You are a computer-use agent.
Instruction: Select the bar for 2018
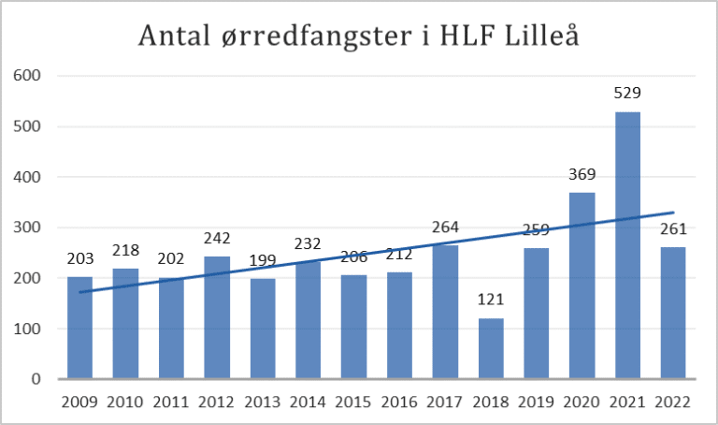pos(491,348)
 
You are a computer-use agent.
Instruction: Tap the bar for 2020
pos(582,286)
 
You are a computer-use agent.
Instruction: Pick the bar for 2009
pos(80,328)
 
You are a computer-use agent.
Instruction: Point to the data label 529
pos(628,94)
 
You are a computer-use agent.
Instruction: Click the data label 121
pos(491,301)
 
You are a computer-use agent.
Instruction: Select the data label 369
pos(582,175)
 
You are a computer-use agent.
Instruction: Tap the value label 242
pos(217,239)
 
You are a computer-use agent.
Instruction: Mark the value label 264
pos(445,227)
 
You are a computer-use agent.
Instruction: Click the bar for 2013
pos(263,329)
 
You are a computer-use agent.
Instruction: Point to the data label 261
pos(673,229)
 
